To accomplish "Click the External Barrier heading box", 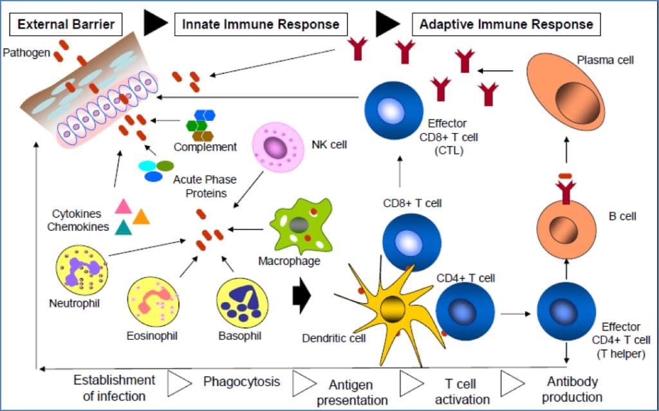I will [66, 25].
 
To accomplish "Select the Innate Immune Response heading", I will [261, 25].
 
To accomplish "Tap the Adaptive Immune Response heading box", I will [506, 25].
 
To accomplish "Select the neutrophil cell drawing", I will [82, 272].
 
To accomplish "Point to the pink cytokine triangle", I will [123, 206].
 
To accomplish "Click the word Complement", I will [205, 147].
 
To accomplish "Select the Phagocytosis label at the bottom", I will [242, 381].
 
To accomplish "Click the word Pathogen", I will [26, 52].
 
